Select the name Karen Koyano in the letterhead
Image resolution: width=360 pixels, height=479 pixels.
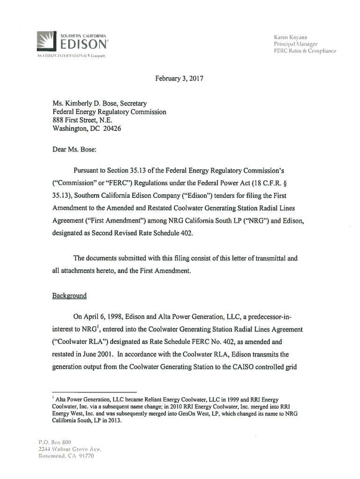click(x=290, y=36)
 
